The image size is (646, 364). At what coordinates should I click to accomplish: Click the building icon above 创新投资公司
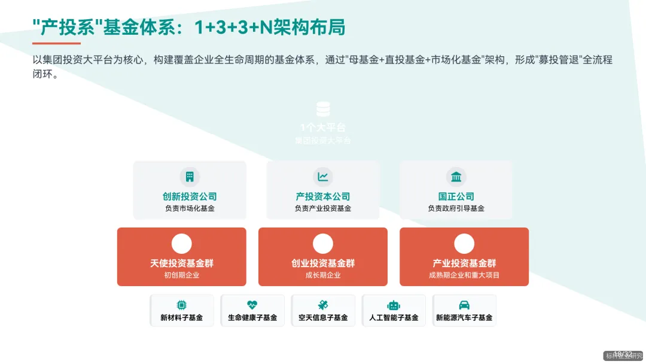[190, 177]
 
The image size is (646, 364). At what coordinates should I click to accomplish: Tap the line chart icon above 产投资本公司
[323, 177]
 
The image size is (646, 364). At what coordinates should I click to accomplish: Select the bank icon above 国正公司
[456, 177]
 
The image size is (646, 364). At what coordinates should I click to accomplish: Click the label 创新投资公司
[190, 196]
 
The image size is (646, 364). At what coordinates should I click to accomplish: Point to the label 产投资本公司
[323, 196]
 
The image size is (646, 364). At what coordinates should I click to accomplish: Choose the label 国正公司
[456, 196]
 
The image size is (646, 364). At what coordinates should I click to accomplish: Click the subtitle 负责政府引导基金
[456, 208]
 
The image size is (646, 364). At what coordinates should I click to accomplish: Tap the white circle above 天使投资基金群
[181, 244]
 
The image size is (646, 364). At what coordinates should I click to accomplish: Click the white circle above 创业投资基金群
[323, 244]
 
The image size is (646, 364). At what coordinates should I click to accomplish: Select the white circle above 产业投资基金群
[464, 244]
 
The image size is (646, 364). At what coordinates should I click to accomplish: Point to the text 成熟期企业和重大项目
[464, 275]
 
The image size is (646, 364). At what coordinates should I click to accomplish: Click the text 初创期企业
[181, 275]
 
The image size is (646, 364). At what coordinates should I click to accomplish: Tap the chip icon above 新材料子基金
[181, 305]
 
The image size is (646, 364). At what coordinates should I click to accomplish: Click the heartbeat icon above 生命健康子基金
[252, 305]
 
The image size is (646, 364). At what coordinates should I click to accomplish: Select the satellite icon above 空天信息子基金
[323, 305]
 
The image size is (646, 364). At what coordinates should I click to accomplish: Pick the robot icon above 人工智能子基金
[394, 305]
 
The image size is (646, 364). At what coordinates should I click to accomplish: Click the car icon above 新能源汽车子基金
[464, 305]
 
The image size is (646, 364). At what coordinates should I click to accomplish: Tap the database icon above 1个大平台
[323, 110]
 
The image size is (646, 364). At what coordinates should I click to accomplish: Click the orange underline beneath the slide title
[56, 43]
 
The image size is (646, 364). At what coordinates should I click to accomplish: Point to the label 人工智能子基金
[394, 318]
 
